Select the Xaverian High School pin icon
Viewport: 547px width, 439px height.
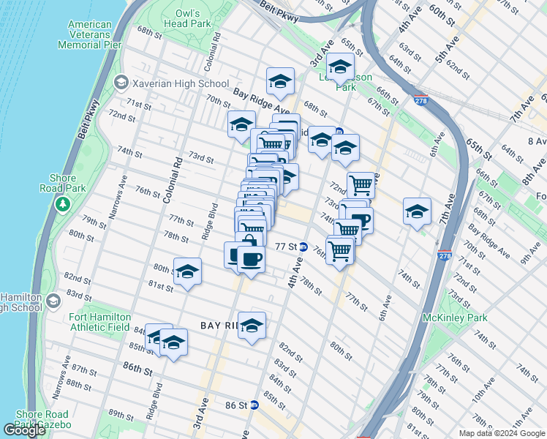[121, 83]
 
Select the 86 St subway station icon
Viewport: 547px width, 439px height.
[254, 405]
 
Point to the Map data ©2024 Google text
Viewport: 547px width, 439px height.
[502, 433]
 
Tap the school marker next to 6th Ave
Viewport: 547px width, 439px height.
[417, 211]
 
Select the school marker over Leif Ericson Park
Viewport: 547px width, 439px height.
[340, 68]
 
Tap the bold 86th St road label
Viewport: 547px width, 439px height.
[137, 371]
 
